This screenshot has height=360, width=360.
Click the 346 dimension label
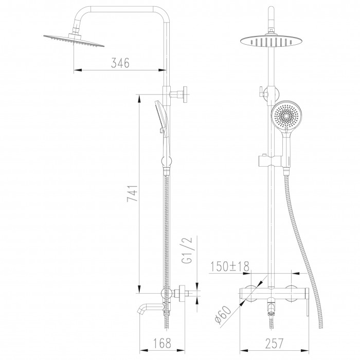click(x=120, y=63)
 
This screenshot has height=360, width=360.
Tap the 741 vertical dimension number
click(x=133, y=193)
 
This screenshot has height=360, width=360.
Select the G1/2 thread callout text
click(x=186, y=250)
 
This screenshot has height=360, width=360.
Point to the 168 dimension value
click(x=162, y=343)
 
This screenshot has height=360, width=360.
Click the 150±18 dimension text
click(x=230, y=266)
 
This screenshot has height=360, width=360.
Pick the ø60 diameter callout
click(x=223, y=315)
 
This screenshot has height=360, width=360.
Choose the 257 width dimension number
click(x=275, y=343)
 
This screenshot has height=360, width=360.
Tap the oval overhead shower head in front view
click(x=271, y=42)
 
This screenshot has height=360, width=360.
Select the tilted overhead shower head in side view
click(x=74, y=40)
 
